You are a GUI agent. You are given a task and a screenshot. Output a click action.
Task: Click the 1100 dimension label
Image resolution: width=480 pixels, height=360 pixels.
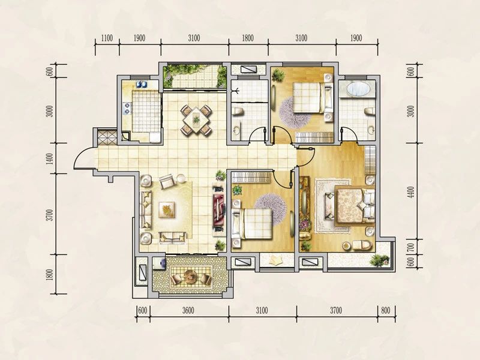107,38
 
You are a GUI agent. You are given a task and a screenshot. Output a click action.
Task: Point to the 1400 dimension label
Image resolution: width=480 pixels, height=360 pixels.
50,158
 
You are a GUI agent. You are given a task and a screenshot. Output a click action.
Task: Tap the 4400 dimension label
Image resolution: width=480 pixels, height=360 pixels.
411,192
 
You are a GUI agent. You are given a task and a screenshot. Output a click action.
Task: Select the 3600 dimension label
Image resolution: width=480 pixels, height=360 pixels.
188,310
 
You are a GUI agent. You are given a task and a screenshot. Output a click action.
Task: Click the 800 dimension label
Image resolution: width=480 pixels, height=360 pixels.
386,310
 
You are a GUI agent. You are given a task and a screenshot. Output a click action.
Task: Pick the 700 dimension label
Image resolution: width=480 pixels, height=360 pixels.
411,247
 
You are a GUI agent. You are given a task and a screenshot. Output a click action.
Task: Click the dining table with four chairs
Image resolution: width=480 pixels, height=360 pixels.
196,119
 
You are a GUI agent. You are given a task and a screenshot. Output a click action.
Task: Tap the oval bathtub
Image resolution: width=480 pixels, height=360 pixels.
358,89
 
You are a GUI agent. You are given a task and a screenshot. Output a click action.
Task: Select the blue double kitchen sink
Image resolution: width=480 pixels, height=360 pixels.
142,84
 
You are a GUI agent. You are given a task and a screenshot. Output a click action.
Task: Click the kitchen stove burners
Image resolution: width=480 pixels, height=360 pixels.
127,109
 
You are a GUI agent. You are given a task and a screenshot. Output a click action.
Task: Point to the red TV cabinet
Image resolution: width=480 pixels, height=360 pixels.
218,209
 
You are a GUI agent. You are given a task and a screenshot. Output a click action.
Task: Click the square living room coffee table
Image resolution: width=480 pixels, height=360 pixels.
167,209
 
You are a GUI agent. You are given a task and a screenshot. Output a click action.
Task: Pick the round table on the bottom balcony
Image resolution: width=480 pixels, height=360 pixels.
191,277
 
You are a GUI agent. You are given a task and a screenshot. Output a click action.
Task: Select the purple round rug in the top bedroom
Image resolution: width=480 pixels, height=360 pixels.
294,113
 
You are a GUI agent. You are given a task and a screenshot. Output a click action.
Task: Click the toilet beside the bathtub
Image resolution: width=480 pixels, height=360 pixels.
370,112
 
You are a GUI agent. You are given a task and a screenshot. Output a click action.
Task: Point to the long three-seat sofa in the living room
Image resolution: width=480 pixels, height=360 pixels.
146,209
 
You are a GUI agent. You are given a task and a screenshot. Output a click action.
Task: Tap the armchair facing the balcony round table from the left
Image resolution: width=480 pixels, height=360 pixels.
177,278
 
